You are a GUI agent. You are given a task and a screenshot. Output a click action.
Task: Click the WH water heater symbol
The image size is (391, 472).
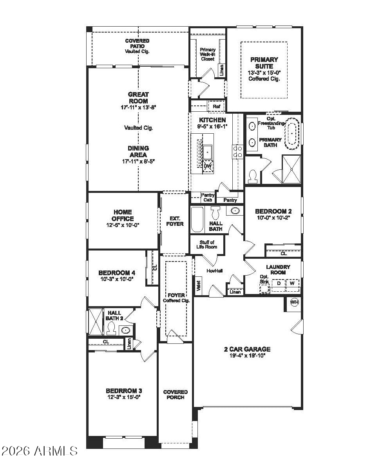point(294,302)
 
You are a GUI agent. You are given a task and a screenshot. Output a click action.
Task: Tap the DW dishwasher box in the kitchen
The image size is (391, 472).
point(208,166)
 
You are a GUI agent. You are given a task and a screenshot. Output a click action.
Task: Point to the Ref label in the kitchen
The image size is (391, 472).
point(216,106)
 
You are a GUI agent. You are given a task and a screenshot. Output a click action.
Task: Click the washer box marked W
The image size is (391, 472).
point(292,283)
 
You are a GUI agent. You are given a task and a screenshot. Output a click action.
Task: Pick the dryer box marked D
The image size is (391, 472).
point(279,283)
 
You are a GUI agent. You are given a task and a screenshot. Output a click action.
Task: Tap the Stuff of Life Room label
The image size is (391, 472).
point(206,245)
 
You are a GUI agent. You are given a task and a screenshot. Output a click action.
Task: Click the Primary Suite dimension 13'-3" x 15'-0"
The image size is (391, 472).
point(264,73)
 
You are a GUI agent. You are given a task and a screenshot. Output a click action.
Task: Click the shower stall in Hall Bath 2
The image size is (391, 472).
point(95,322)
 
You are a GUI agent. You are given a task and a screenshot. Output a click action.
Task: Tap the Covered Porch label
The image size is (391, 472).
point(175,394)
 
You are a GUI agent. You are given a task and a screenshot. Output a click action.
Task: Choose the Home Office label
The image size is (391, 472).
point(123,215)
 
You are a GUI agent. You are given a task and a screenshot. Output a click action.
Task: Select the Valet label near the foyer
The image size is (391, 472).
point(198,285)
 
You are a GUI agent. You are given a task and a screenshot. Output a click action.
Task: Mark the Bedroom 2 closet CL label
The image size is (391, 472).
point(284,254)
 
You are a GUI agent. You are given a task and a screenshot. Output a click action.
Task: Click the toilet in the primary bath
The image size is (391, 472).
point(253,176)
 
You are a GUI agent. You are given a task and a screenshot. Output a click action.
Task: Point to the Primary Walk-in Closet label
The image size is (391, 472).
point(208,54)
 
